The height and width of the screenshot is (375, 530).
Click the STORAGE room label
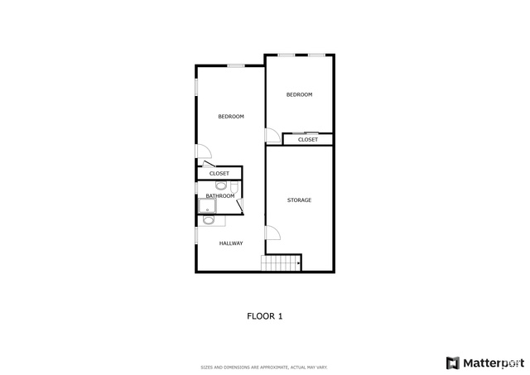click(x=299, y=200)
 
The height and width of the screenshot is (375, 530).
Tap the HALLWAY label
click(x=231, y=243)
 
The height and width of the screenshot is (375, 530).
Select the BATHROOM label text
click(x=220, y=196)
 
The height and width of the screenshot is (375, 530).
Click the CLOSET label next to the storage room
click(x=307, y=140)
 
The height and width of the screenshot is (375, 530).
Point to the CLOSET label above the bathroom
click(x=219, y=173)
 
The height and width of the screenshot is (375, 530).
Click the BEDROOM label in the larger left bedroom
click(x=231, y=117)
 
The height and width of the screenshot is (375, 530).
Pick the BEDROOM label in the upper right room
click(x=299, y=94)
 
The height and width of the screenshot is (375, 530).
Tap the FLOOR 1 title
click(x=265, y=316)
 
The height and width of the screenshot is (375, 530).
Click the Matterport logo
click(x=485, y=363)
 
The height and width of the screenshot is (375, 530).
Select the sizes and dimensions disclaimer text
click(x=264, y=368)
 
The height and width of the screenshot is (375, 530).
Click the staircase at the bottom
click(x=281, y=263)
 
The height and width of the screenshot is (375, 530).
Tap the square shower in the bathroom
click(x=207, y=206)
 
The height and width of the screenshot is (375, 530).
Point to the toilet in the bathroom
click(x=234, y=187)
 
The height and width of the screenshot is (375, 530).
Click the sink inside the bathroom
click(x=221, y=185)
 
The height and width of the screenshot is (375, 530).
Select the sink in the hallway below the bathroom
click(x=208, y=220)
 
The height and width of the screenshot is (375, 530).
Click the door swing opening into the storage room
click(x=272, y=233)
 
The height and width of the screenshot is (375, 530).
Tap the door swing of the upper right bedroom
click(x=272, y=136)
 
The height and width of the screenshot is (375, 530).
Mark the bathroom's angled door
click(x=240, y=206)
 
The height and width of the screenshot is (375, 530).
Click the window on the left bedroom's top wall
click(x=235, y=65)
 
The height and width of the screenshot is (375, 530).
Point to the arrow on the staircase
click(x=298, y=262)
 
